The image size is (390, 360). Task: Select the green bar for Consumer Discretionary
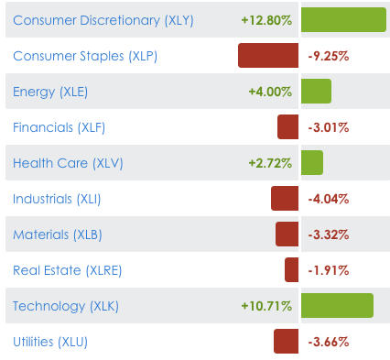point(343,20)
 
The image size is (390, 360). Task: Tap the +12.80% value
point(266,20)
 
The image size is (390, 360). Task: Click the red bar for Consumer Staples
point(268,56)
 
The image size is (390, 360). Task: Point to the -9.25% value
point(329,56)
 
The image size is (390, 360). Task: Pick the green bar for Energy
point(316,92)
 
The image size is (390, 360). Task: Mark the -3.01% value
point(329,127)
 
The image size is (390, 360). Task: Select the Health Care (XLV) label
point(68,163)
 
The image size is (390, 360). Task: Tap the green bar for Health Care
point(311,163)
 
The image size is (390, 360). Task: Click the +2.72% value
point(270,163)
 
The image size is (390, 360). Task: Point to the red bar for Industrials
point(285,199)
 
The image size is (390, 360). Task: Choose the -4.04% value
point(329,199)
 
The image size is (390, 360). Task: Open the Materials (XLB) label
point(58,235)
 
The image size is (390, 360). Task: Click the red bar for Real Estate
point(292,270)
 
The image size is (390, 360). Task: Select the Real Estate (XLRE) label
point(68,270)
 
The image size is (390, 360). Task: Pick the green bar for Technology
point(337,306)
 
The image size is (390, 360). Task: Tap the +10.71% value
point(266,306)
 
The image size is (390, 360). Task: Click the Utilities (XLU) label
point(50,342)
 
